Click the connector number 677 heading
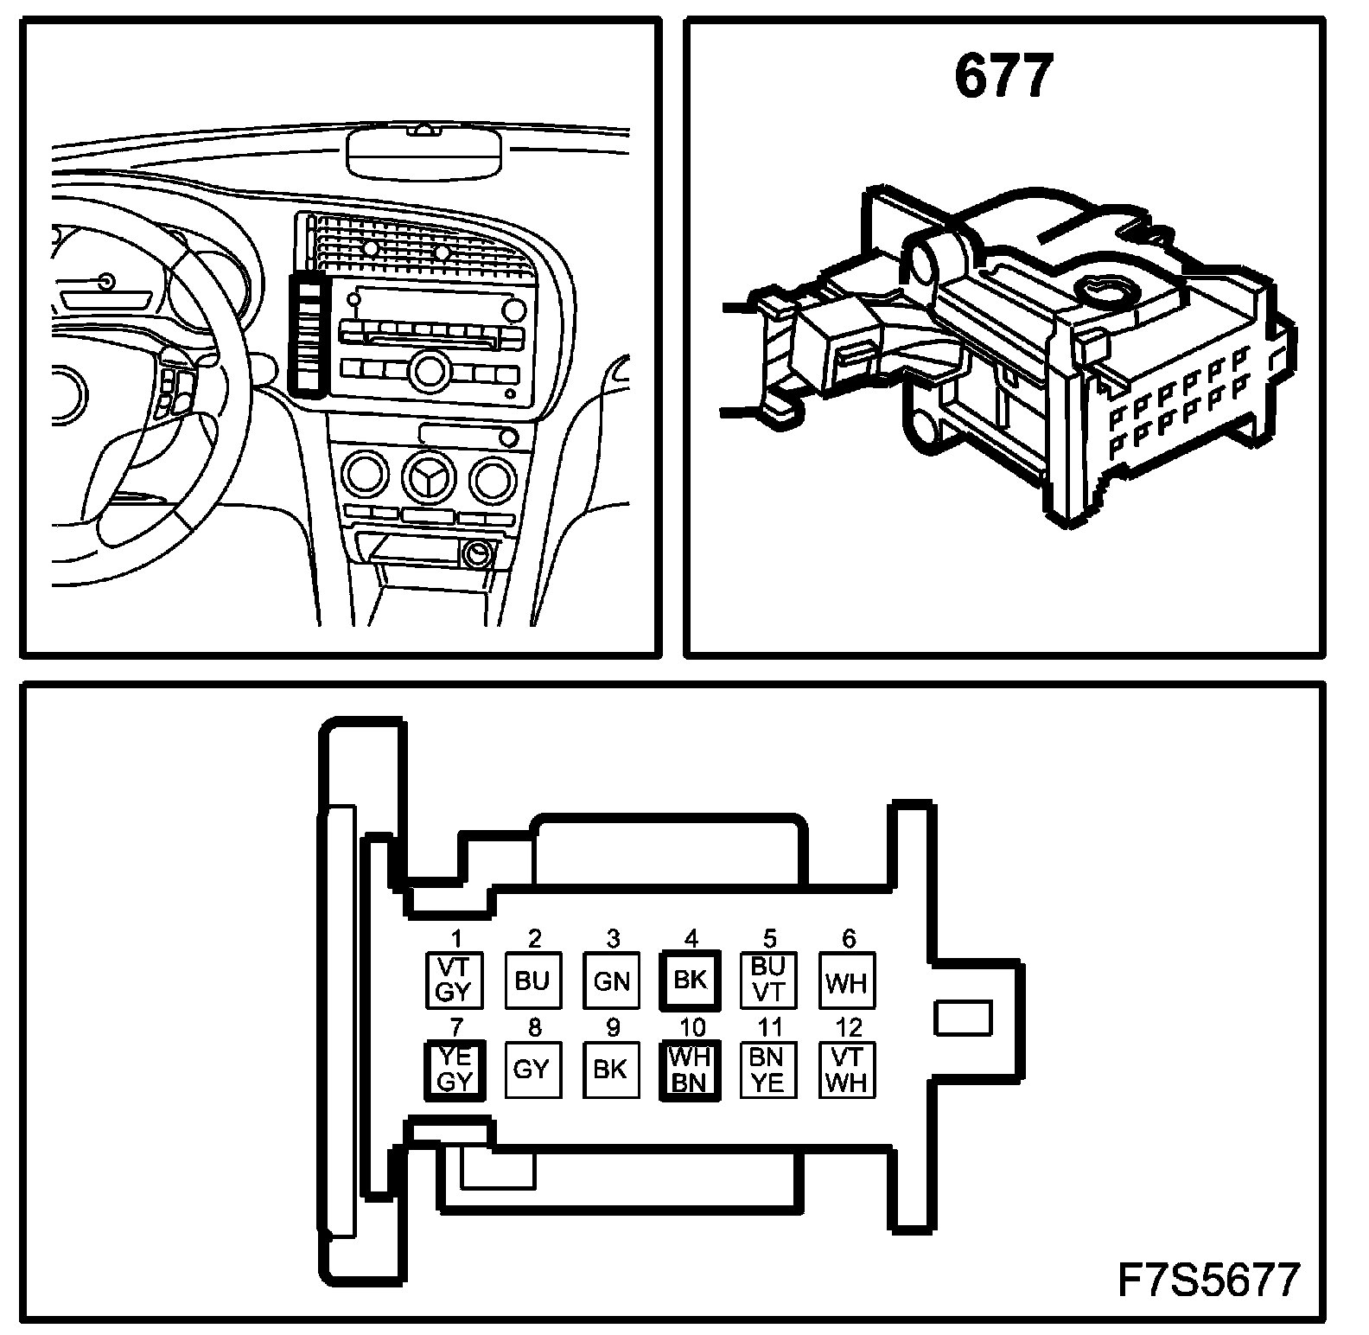tap(1003, 76)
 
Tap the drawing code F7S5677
tap(1208, 1281)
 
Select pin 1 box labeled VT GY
tap(455, 980)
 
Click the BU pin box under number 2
tap(532, 980)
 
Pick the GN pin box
tap(611, 980)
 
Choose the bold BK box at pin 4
tap(690, 980)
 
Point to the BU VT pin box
tap(768, 980)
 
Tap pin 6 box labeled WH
tap(847, 980)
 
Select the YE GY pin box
tap(455, 1070)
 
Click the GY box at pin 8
tap(532, 1070)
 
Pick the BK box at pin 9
tap(611, 1070)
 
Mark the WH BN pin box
tap(690, 1070)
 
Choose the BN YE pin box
tap(768, 1070)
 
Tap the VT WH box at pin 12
tap(847, 1070)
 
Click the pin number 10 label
tap(692, 1027)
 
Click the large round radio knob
tap(427, 370)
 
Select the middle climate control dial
tap(430, 478)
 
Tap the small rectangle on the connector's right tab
tap(962, 1017)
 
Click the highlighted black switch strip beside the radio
tap(308, 333)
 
